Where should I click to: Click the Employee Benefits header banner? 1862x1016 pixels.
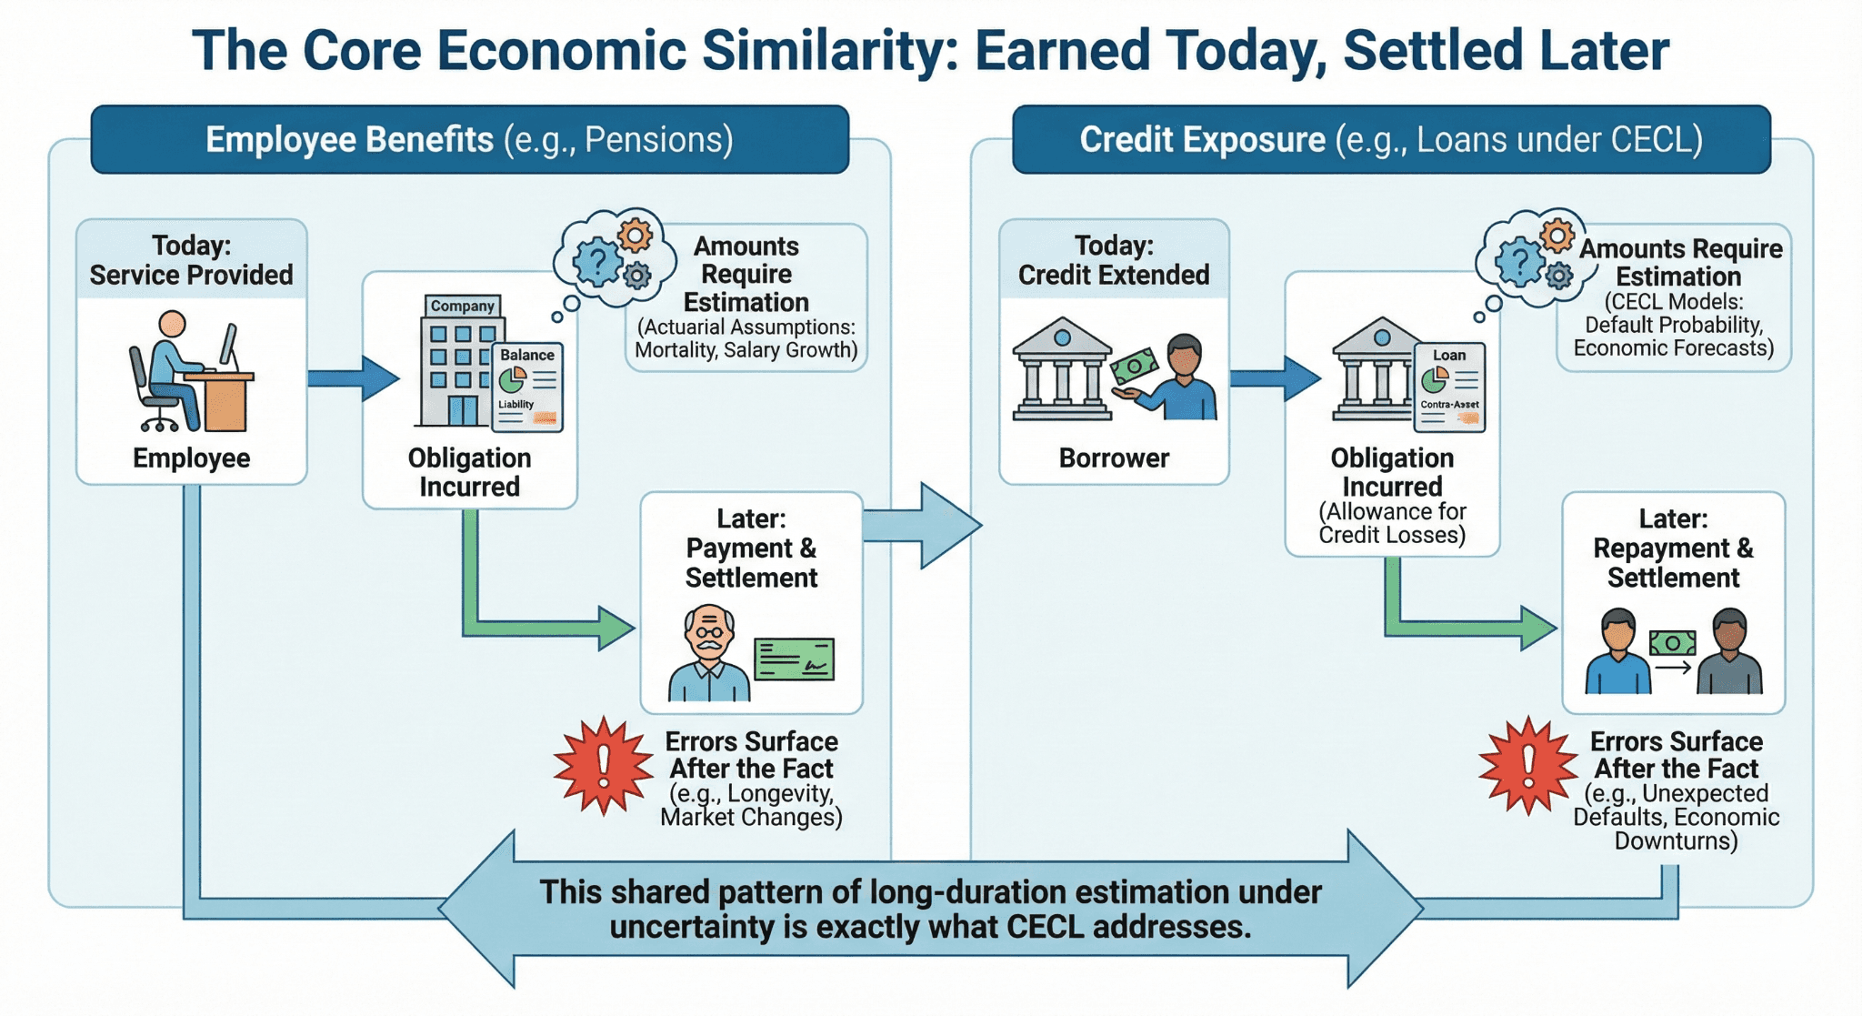tap(469, 140)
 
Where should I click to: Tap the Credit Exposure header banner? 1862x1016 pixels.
tap(1391, 140)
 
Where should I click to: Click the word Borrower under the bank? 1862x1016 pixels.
tap(1114, 458)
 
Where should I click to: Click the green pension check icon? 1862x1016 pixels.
tap(795, 659)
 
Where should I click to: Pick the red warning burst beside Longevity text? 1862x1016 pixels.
tap(603, 765)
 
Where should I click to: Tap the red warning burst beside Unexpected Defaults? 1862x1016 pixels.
tap(1527, 765)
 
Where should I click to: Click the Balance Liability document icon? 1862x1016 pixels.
tap(527, 387)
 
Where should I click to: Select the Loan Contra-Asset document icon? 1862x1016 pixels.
tap(1449, 387)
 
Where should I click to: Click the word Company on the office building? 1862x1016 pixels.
tap(463, 306)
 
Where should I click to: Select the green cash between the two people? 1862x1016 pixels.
tap(1673, 643)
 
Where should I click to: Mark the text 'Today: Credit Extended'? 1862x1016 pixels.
tap(1114, 260)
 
